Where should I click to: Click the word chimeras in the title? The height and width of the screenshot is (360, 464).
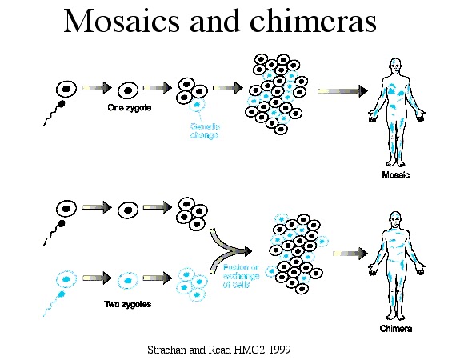click(x=310, y=22)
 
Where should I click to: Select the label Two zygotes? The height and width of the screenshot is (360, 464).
click(x=129, y=304)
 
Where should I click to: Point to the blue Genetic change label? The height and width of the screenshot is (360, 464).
click(x=203, y=130)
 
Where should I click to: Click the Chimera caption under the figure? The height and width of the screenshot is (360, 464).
click(x=396, y=329)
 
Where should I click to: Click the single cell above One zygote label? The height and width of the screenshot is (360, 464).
click(x=126, y=90)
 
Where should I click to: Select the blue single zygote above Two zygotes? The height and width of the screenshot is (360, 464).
click(x=126, y=281)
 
